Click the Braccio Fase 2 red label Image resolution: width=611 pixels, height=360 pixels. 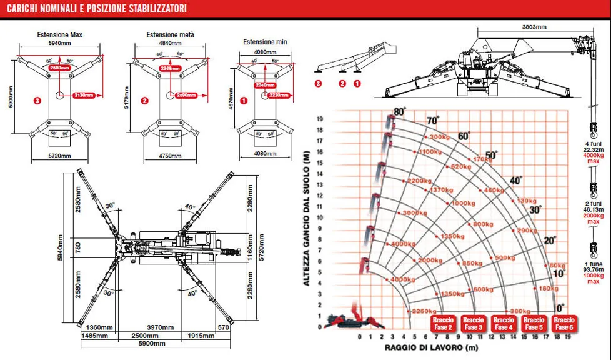(442, 323)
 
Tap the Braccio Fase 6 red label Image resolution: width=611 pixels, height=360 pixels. (564, 323)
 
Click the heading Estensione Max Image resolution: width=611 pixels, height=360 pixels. (59, 34)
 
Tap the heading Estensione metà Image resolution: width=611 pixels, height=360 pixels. (170, 34)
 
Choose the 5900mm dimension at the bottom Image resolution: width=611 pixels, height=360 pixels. (156, 344)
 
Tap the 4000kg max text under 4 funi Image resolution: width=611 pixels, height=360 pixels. (593, 159)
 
